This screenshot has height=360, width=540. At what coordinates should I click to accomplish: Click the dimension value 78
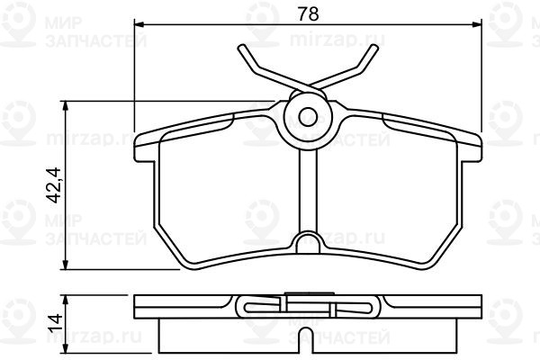tap(308, 14)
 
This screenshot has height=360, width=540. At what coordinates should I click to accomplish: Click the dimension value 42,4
tap(54, 185)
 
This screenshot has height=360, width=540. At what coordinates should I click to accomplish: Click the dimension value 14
tap(55, 322)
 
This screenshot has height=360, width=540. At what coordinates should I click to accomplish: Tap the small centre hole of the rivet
tap(308, 117)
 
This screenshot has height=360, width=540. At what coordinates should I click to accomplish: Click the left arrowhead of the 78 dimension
tap(139, 23)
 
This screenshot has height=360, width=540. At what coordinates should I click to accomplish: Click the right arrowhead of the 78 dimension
tap(477, 23)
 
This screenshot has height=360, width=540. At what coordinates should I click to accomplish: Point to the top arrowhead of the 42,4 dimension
tap(65, 106)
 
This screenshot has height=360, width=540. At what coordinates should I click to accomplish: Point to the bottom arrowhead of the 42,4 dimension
tap(65, 265)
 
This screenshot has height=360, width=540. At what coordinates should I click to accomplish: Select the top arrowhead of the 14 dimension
tap(65, 300)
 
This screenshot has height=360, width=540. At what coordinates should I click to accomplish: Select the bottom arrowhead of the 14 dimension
tap(65, 348)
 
